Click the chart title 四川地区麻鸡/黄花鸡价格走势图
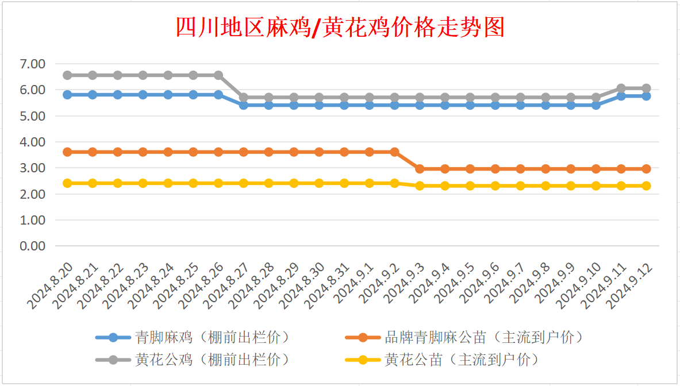click(340, 28)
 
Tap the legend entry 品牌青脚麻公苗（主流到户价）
click(464, 337)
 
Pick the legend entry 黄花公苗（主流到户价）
click(442, 360)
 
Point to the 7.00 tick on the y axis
click(33, 64)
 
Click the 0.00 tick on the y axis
click(33, 246)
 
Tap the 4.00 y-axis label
click(33, 142)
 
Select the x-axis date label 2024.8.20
click(50, 285)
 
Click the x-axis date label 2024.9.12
click(629, 285)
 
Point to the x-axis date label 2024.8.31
click(326, 285)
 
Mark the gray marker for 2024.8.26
click(218, 75)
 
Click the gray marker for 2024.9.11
click(621, 88)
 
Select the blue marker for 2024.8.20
click(67, 95)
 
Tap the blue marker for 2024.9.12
click(646, 96)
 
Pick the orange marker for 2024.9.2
click(395, 152)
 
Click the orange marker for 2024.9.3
click(420, 169)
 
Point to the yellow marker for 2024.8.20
click(67, 183)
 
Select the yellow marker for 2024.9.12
click(646, 186)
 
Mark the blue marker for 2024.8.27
click(244, 105)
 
